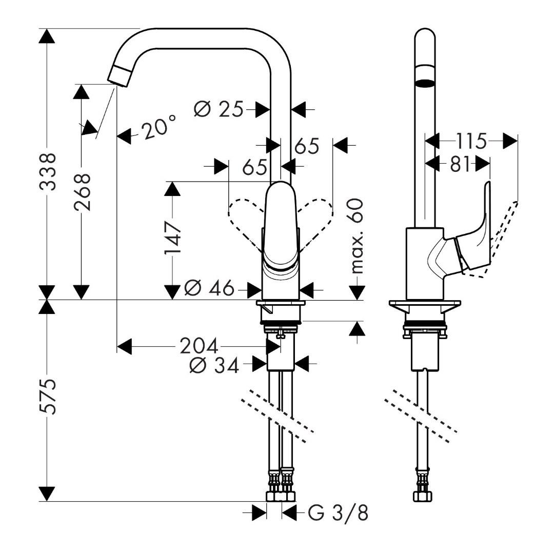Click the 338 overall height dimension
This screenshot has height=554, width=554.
click(x=48, y=171)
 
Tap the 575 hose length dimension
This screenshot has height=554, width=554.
click(x=48, y=396)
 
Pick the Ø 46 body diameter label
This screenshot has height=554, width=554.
click(x=208, y=289)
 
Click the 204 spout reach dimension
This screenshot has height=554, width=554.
click(x=199, y=346)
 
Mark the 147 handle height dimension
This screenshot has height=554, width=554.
click(x=172, y=238)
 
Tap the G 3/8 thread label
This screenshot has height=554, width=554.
click(x=339, y=512)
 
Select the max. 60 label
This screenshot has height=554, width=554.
click(x=356, y=236)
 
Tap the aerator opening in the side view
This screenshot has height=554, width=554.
click(x=425, y=83)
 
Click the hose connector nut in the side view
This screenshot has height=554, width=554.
click(x=424, y=497)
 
